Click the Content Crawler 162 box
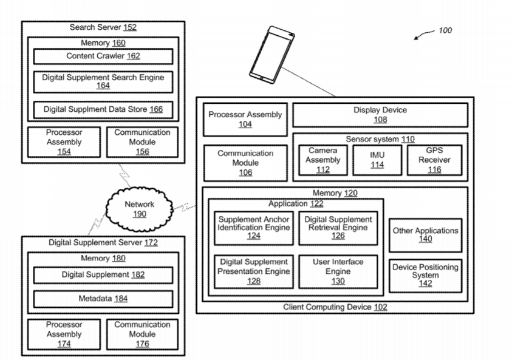(x=103, y=56)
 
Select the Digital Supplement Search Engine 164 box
(x=103, y=82)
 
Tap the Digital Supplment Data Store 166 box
(x=103, y=110)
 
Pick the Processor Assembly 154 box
(x=64, y=141)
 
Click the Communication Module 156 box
(x=142, y=141)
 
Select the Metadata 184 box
(x=103, y=299)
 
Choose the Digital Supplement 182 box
(x=103, y=275)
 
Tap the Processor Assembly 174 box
(x=64, y=334)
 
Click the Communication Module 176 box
(x=142, y=334)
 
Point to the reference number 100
(x=445, y=30)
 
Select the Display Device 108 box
(x=380, y=115)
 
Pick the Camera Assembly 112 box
(x=323, y=160)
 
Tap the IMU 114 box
(x=377, y=160)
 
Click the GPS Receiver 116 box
(x=434, y=160)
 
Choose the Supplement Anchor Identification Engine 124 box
(x=254, y=227)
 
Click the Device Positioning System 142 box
(x=425, y=274)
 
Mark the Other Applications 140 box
(x=425, y=235)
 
